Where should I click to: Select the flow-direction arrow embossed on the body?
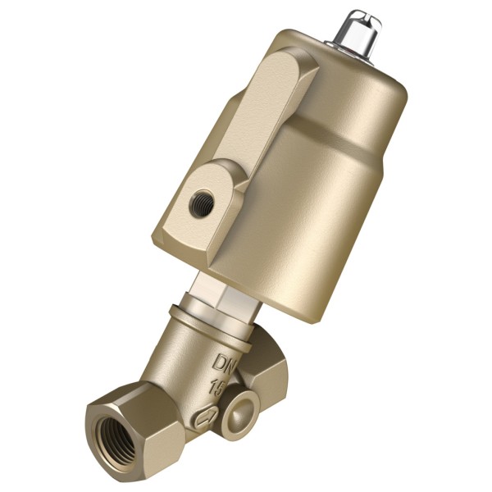point(206,416)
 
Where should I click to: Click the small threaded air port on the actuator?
point(202,204)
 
